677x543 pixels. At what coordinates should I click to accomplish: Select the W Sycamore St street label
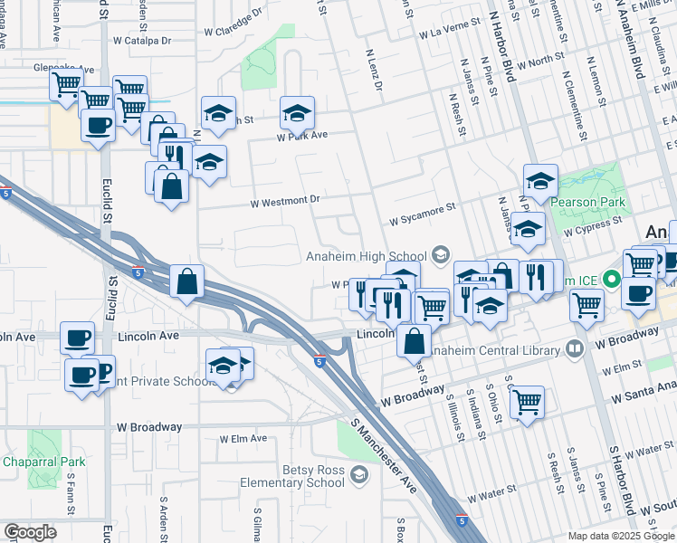[x=422, y=215]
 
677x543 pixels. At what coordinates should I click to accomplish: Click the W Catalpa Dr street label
[x=142, y=41]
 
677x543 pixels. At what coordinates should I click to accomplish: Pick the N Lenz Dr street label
[x=374, y=70]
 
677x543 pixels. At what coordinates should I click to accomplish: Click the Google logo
[x=30, y=531]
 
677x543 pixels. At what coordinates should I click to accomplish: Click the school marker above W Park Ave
[x=296, y=113]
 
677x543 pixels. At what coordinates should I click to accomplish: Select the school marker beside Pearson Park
[x=540, y=181]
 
